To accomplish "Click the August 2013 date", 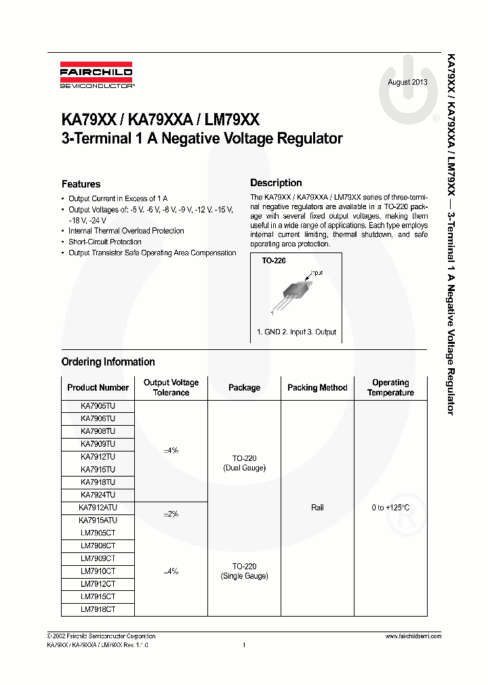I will [407, 83].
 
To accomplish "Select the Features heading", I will [81, 184].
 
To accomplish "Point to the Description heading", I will [276, 183].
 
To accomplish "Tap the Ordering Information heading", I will [108, 362].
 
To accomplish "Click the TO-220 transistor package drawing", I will [295, 290].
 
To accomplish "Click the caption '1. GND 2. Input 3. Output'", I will [296, 332].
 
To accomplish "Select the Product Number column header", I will [98, 388].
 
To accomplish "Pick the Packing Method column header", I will [317, 388].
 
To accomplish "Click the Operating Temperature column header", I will [390, 388].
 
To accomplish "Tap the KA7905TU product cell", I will [98, 406].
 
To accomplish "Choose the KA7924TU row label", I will [98, 495].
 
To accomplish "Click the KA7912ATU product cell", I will [98, 508].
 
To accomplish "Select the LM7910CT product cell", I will [98, 571].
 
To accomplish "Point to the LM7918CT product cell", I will [98, 609].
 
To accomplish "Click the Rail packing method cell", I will [317, 508].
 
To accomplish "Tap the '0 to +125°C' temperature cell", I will [390, 508].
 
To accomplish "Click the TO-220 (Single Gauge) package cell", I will [244, 571].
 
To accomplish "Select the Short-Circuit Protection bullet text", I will [105, 242].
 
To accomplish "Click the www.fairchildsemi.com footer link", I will [413, 636].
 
